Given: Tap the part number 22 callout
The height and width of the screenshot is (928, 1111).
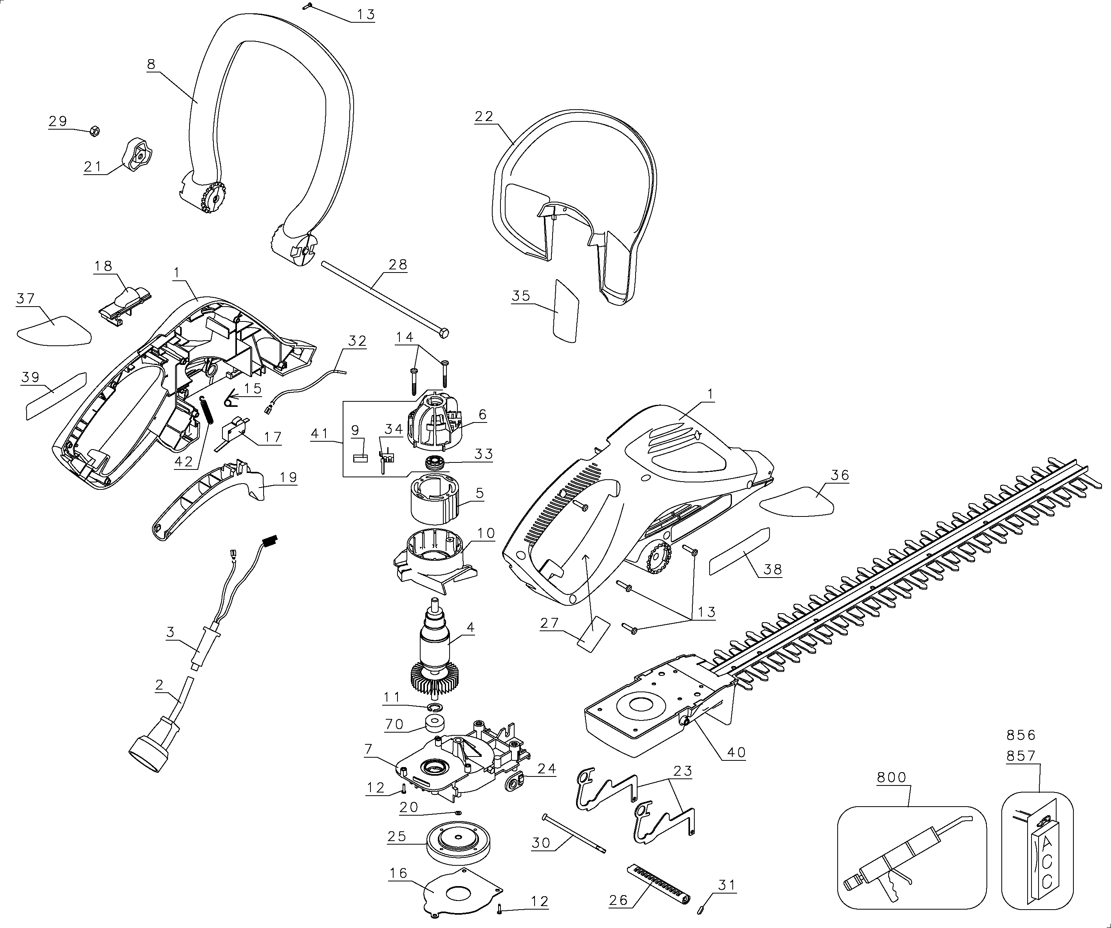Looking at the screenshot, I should pos(484,116).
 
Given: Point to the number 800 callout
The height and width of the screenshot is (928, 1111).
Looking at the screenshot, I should pos(891,777).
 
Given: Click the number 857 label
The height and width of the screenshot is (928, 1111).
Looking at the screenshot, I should pos(1021,756).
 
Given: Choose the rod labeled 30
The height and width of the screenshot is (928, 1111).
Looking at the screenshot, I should pos(574,834).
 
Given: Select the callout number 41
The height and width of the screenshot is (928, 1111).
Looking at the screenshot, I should pos(320,433).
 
